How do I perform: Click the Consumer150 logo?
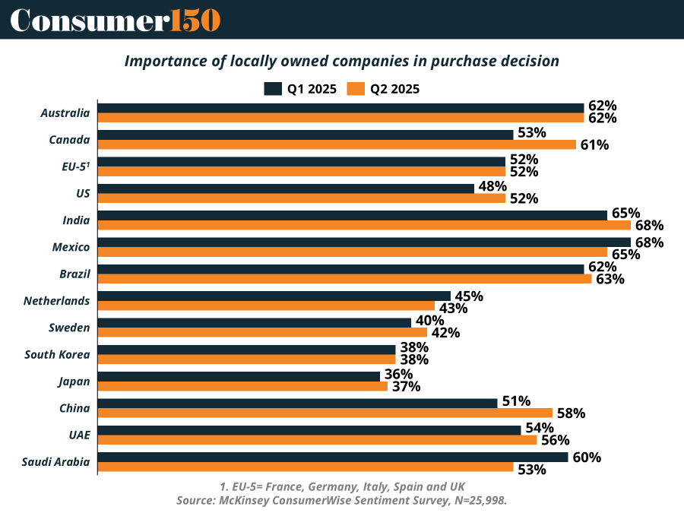point(115,19)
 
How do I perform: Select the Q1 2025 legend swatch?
point(272,89)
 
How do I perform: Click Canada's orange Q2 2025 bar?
point(337,144)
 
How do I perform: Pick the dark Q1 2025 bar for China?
point(297,402)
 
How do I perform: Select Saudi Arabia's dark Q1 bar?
point(333,457)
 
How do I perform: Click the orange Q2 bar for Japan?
point(243,386)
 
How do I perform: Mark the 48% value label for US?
point(491,187)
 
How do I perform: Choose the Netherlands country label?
point(57,301)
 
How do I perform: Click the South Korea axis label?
point(57,354)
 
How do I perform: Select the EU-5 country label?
point(76,166)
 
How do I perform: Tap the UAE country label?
point(78,435)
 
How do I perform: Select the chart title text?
point(342,61)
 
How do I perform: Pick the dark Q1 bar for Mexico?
point(364,242)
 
